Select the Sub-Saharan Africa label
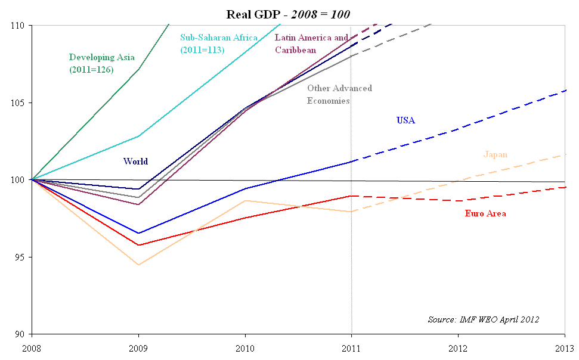point(219,44)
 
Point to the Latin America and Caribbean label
point(311,44)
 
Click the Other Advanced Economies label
point(339,95)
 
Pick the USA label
point(405,120)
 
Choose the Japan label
point(496,155)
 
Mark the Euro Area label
point(485,213)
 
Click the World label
point(135,162)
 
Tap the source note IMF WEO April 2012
point(483,319)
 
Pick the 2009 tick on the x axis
point(139,347)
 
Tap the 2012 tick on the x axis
point(458,347)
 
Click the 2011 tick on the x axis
point(352,347)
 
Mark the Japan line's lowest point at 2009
point(139,265)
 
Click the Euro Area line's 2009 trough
point(139,245)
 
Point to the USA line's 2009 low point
point(139,233)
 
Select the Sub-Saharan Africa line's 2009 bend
point(139,136)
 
